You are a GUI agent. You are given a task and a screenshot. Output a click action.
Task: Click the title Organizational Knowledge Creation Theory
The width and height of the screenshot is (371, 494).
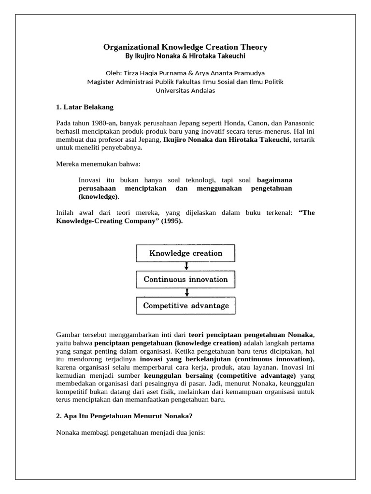(185, 47)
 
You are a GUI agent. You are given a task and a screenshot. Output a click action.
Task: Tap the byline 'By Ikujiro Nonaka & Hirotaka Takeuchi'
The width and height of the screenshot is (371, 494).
(185, 56)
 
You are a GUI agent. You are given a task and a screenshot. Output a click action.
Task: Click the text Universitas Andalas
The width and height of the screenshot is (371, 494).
(185, 90)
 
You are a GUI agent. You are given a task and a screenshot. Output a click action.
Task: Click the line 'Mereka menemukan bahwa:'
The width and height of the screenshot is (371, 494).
(98, 165)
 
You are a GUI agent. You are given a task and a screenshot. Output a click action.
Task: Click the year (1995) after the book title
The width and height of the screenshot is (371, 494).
(171, 221)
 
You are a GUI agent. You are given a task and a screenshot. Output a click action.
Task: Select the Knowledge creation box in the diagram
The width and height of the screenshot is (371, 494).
(185, 253)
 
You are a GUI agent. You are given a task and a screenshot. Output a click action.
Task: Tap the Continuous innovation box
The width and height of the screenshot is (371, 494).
(185, 279)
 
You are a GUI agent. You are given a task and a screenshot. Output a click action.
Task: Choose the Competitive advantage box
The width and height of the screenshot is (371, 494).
(185, 306)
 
